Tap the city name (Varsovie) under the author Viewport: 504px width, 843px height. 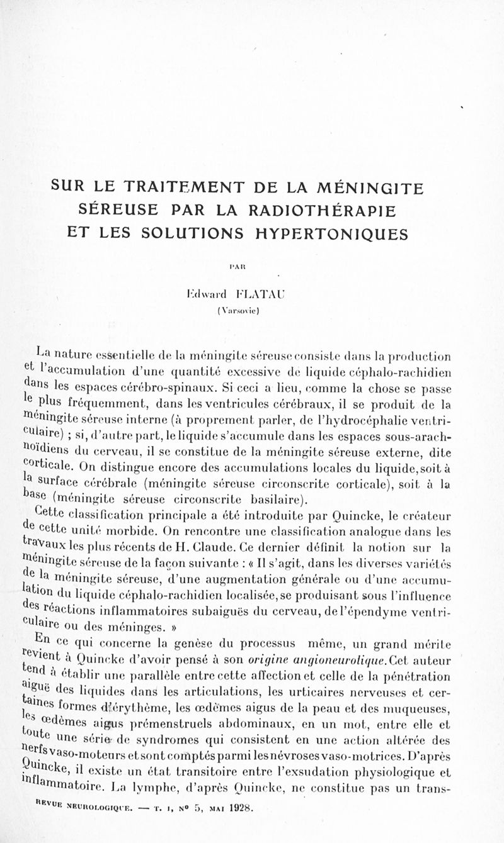coord(253,310)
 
